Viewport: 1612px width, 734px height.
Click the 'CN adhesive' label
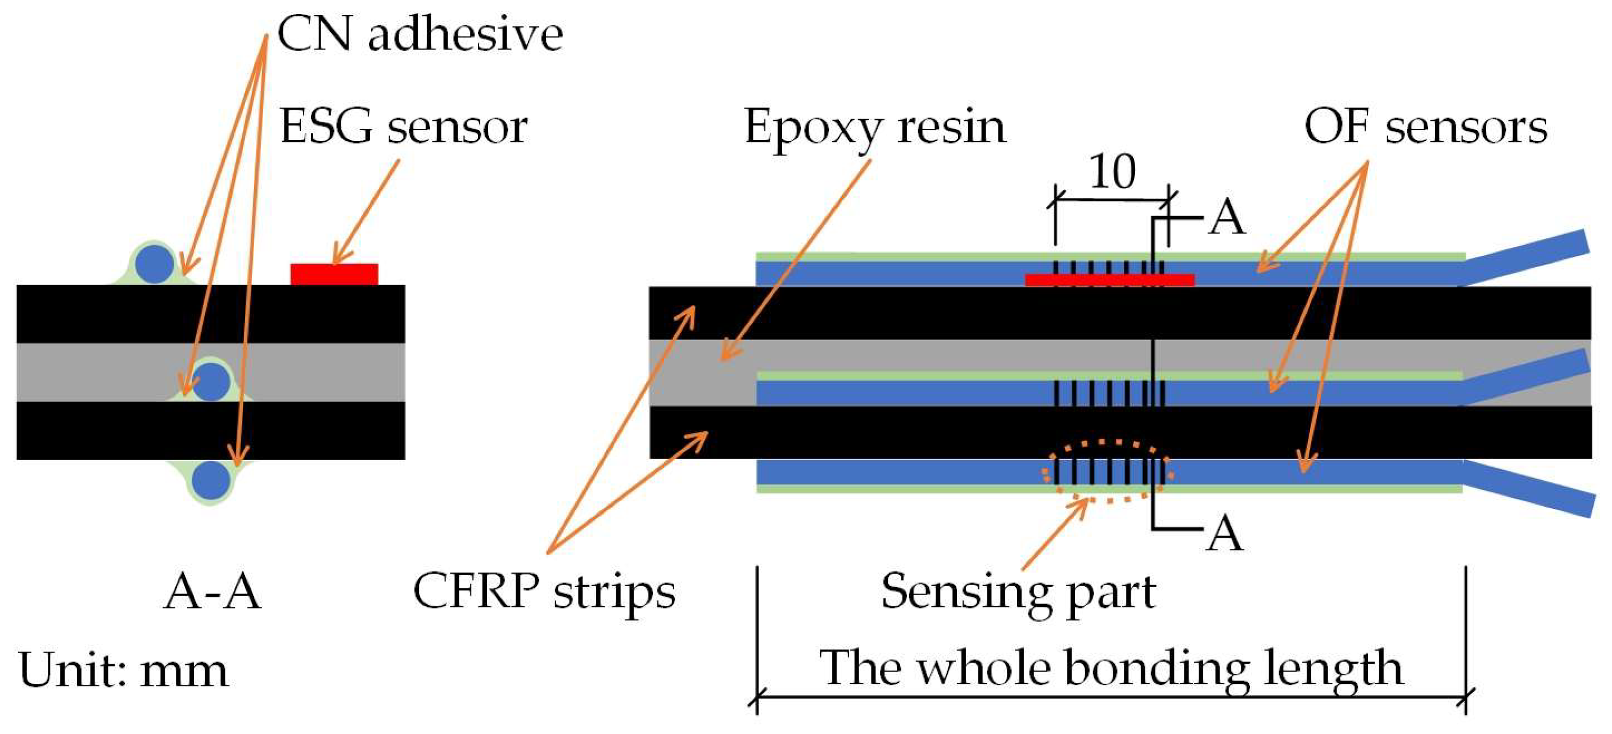[x=419, y=34]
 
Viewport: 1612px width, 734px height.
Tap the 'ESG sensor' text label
[x=403, y=127]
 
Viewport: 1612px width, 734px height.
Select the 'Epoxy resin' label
[x=875, y=127]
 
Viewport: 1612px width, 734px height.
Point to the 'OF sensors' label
[x=1425, y=127]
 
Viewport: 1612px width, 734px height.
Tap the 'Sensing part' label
[x=1018, y=591]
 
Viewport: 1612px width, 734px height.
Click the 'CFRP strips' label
[x=544, y=591]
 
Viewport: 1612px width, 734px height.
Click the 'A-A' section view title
[x=211, y=591]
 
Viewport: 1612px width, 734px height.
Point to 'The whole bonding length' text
[x=1111, y=668]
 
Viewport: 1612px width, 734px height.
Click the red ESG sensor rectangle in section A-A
[x=333, y=274]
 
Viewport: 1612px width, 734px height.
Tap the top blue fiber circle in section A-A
[x=155, y=263]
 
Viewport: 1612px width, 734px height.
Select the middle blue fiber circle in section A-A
[x=211, y=381]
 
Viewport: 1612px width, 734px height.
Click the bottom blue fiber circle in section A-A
[x=210, y=480]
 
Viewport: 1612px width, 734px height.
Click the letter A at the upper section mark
[x=1226, y=218]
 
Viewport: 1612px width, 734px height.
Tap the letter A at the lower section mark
[x=1225, y=534]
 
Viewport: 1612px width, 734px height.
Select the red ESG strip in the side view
[x=1109, y=280]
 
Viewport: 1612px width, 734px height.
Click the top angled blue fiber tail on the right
[x=1527, y=256]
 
